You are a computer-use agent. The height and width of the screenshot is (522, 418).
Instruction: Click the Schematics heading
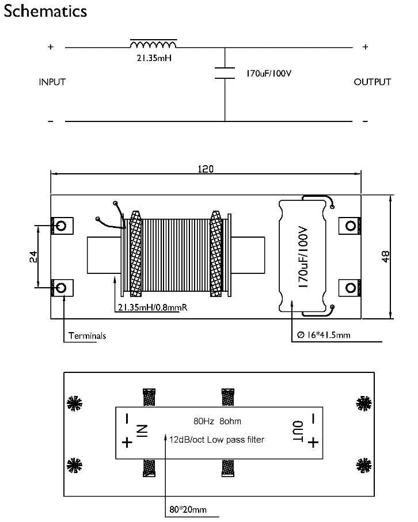(x=45, y=11)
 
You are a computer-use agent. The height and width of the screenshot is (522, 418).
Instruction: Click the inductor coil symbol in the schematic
(x=154, y=44)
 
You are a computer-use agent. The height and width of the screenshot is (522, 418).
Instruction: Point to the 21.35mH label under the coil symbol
(x=154, y=58)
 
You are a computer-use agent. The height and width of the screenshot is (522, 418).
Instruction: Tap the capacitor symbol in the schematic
(x=225, y=73)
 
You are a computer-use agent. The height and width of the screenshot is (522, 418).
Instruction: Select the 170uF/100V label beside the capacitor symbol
(x=269, y=74)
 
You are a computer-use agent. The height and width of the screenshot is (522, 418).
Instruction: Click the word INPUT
(x=52, y=82)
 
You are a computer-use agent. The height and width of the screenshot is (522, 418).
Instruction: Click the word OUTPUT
(x=373, y=82)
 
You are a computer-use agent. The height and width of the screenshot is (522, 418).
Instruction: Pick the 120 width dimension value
(x=206, y=169)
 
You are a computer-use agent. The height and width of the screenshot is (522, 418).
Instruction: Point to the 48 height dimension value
(x=385, y=256)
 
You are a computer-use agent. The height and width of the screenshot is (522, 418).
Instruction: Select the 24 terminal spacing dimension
(x=33, y=257)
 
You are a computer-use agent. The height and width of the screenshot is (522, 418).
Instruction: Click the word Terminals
(x=88, y=336)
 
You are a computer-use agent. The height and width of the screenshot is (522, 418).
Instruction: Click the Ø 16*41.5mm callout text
(x=324, y=335)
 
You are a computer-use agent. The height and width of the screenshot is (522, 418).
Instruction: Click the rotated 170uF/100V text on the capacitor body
(x=302, y=257)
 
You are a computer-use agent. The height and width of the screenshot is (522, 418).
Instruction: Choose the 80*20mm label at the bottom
(x=188, y=509)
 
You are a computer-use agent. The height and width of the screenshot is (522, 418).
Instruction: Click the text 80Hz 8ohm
(x=217, y=421)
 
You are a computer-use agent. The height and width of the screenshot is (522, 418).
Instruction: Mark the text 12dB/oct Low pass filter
(x=217, y=440)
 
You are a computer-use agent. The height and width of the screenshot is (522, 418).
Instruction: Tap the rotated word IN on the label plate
(x=142, y=430)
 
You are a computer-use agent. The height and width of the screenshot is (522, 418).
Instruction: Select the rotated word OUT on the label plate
(x=298, y=432)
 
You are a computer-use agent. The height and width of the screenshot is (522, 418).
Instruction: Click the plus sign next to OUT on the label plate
(x=313, y=443)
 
